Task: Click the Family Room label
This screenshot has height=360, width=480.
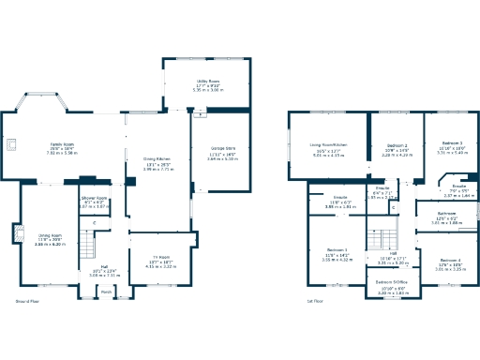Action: pos(62,144)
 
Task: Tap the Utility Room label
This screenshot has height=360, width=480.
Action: pos(207,82)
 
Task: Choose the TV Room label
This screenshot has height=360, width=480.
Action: pos(161,257)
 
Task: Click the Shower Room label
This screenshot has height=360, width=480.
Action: pos(94,198)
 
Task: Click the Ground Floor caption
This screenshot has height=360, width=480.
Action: pos(28,301)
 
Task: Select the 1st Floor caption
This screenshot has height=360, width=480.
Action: pos(316,301)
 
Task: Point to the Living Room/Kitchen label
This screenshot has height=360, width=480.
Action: pos(329,144)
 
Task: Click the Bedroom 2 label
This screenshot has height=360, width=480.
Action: pos(398,145)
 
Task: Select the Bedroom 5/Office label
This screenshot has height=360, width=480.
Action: pos(391,281)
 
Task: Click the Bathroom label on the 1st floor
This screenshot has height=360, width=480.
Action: pos(445,214)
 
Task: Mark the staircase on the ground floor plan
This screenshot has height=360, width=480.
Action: pos(86,247)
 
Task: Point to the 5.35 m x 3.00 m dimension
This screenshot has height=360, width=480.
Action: pos(207,91)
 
